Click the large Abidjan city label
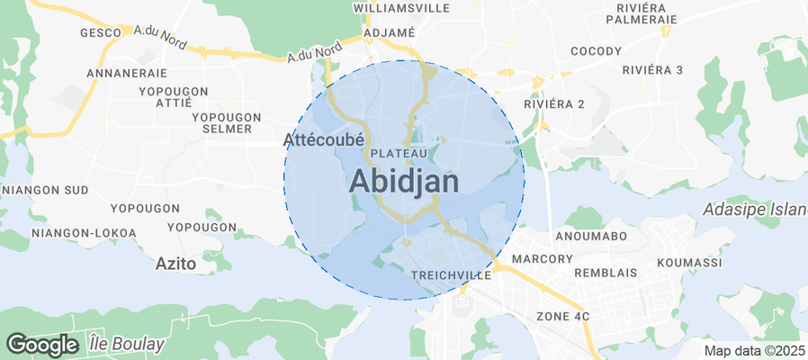pyautogui.click(x=403, y=181)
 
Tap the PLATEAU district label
pyautogui.click(x=399, y=154)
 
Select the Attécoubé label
pyautogui.click(x=323, y=139)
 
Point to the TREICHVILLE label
pyautogui.click(x=450, y=274)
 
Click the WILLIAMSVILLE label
pyautogui.click(x=402, y=7)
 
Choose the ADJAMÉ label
pyautogui.click(x=389, y=32)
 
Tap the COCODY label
pyautogui.click(x=596, y=50)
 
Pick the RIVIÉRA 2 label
pyautogui.click(x=554, y=103)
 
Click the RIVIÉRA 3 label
pyautogui.click(x=652, y=70)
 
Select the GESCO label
pyautogui.click(x=101, y=32)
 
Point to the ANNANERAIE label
pyautogui.click(x=127, y=72)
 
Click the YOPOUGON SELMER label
pyautogui.click(x=226, y=123)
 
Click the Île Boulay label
pyautogui.click(x=127, y=344)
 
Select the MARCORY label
pyautogui.click(x=542, y=259)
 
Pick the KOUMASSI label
pyautogui.click(x=689, y=262)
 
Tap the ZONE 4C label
pyautogui.click(x=562, y=316)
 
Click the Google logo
pyautogui.click(x=41, y=344)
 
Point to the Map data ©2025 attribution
pyautogui.click(x=754, y=350)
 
